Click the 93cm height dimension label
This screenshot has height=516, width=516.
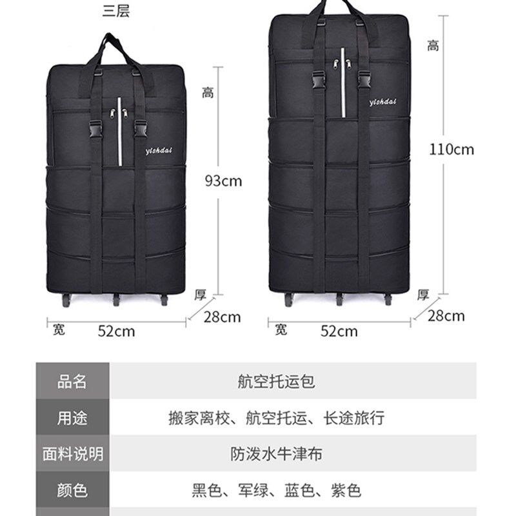point(223,181)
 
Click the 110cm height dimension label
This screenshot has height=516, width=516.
point(451,150)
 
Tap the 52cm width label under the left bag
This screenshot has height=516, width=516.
point(117,331)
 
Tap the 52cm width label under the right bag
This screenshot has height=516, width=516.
point(339,331)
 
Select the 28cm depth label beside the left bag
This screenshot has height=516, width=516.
point(222,317)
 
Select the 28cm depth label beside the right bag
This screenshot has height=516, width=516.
point(446,316)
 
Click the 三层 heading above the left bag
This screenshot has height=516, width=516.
point(116,10)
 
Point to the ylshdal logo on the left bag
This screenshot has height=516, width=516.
point(159,150)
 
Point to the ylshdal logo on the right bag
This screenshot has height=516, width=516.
point(382,102)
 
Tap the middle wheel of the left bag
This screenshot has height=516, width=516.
point(116,300)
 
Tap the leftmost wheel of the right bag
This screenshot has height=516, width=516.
point(288,299)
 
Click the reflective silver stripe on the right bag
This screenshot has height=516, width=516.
point(343,83)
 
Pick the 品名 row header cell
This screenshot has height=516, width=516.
point(72,381)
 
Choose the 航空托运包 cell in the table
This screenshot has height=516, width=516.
point(277,382)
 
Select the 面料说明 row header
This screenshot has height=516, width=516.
point(72,454)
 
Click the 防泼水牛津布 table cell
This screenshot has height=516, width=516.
point(277,454)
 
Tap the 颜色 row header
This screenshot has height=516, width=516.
point(72,490)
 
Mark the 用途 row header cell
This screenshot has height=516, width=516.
point(72,417)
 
